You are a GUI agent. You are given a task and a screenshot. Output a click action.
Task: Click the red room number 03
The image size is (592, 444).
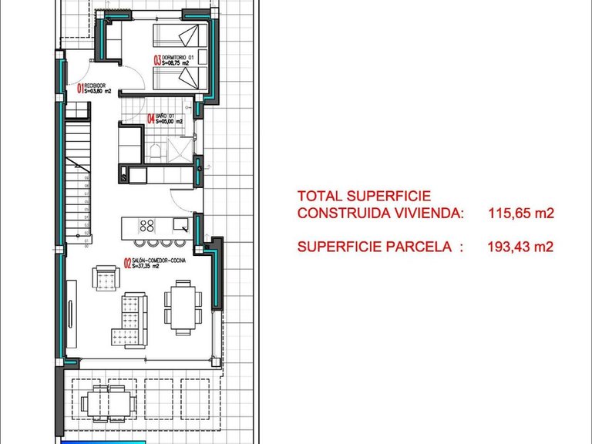157,59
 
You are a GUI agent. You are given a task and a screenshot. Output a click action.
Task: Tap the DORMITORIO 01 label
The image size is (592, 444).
179,55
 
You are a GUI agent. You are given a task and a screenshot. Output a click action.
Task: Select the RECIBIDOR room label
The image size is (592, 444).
97,86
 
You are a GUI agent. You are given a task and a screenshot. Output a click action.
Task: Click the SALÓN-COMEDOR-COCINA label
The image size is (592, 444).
160,261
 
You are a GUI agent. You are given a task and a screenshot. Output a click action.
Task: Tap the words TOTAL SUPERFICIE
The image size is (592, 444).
364,197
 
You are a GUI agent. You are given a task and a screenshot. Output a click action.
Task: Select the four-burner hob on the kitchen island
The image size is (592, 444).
146,226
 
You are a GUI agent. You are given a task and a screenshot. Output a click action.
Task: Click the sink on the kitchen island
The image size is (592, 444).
180,225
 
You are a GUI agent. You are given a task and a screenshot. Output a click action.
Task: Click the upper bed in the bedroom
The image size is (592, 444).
177,35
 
